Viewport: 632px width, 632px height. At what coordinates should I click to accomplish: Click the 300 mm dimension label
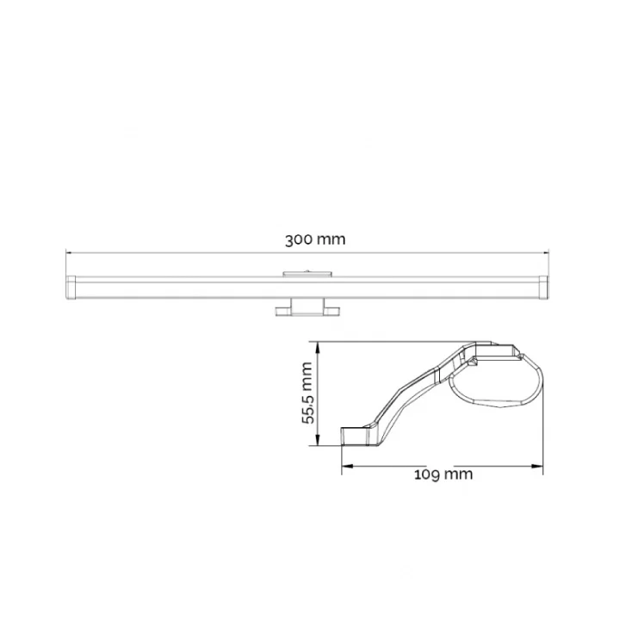315,239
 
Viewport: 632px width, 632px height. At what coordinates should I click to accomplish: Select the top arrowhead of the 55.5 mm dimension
319,345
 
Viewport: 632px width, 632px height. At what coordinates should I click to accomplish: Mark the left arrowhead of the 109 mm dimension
345,468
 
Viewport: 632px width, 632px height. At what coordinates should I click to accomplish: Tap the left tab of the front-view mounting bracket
281,310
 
